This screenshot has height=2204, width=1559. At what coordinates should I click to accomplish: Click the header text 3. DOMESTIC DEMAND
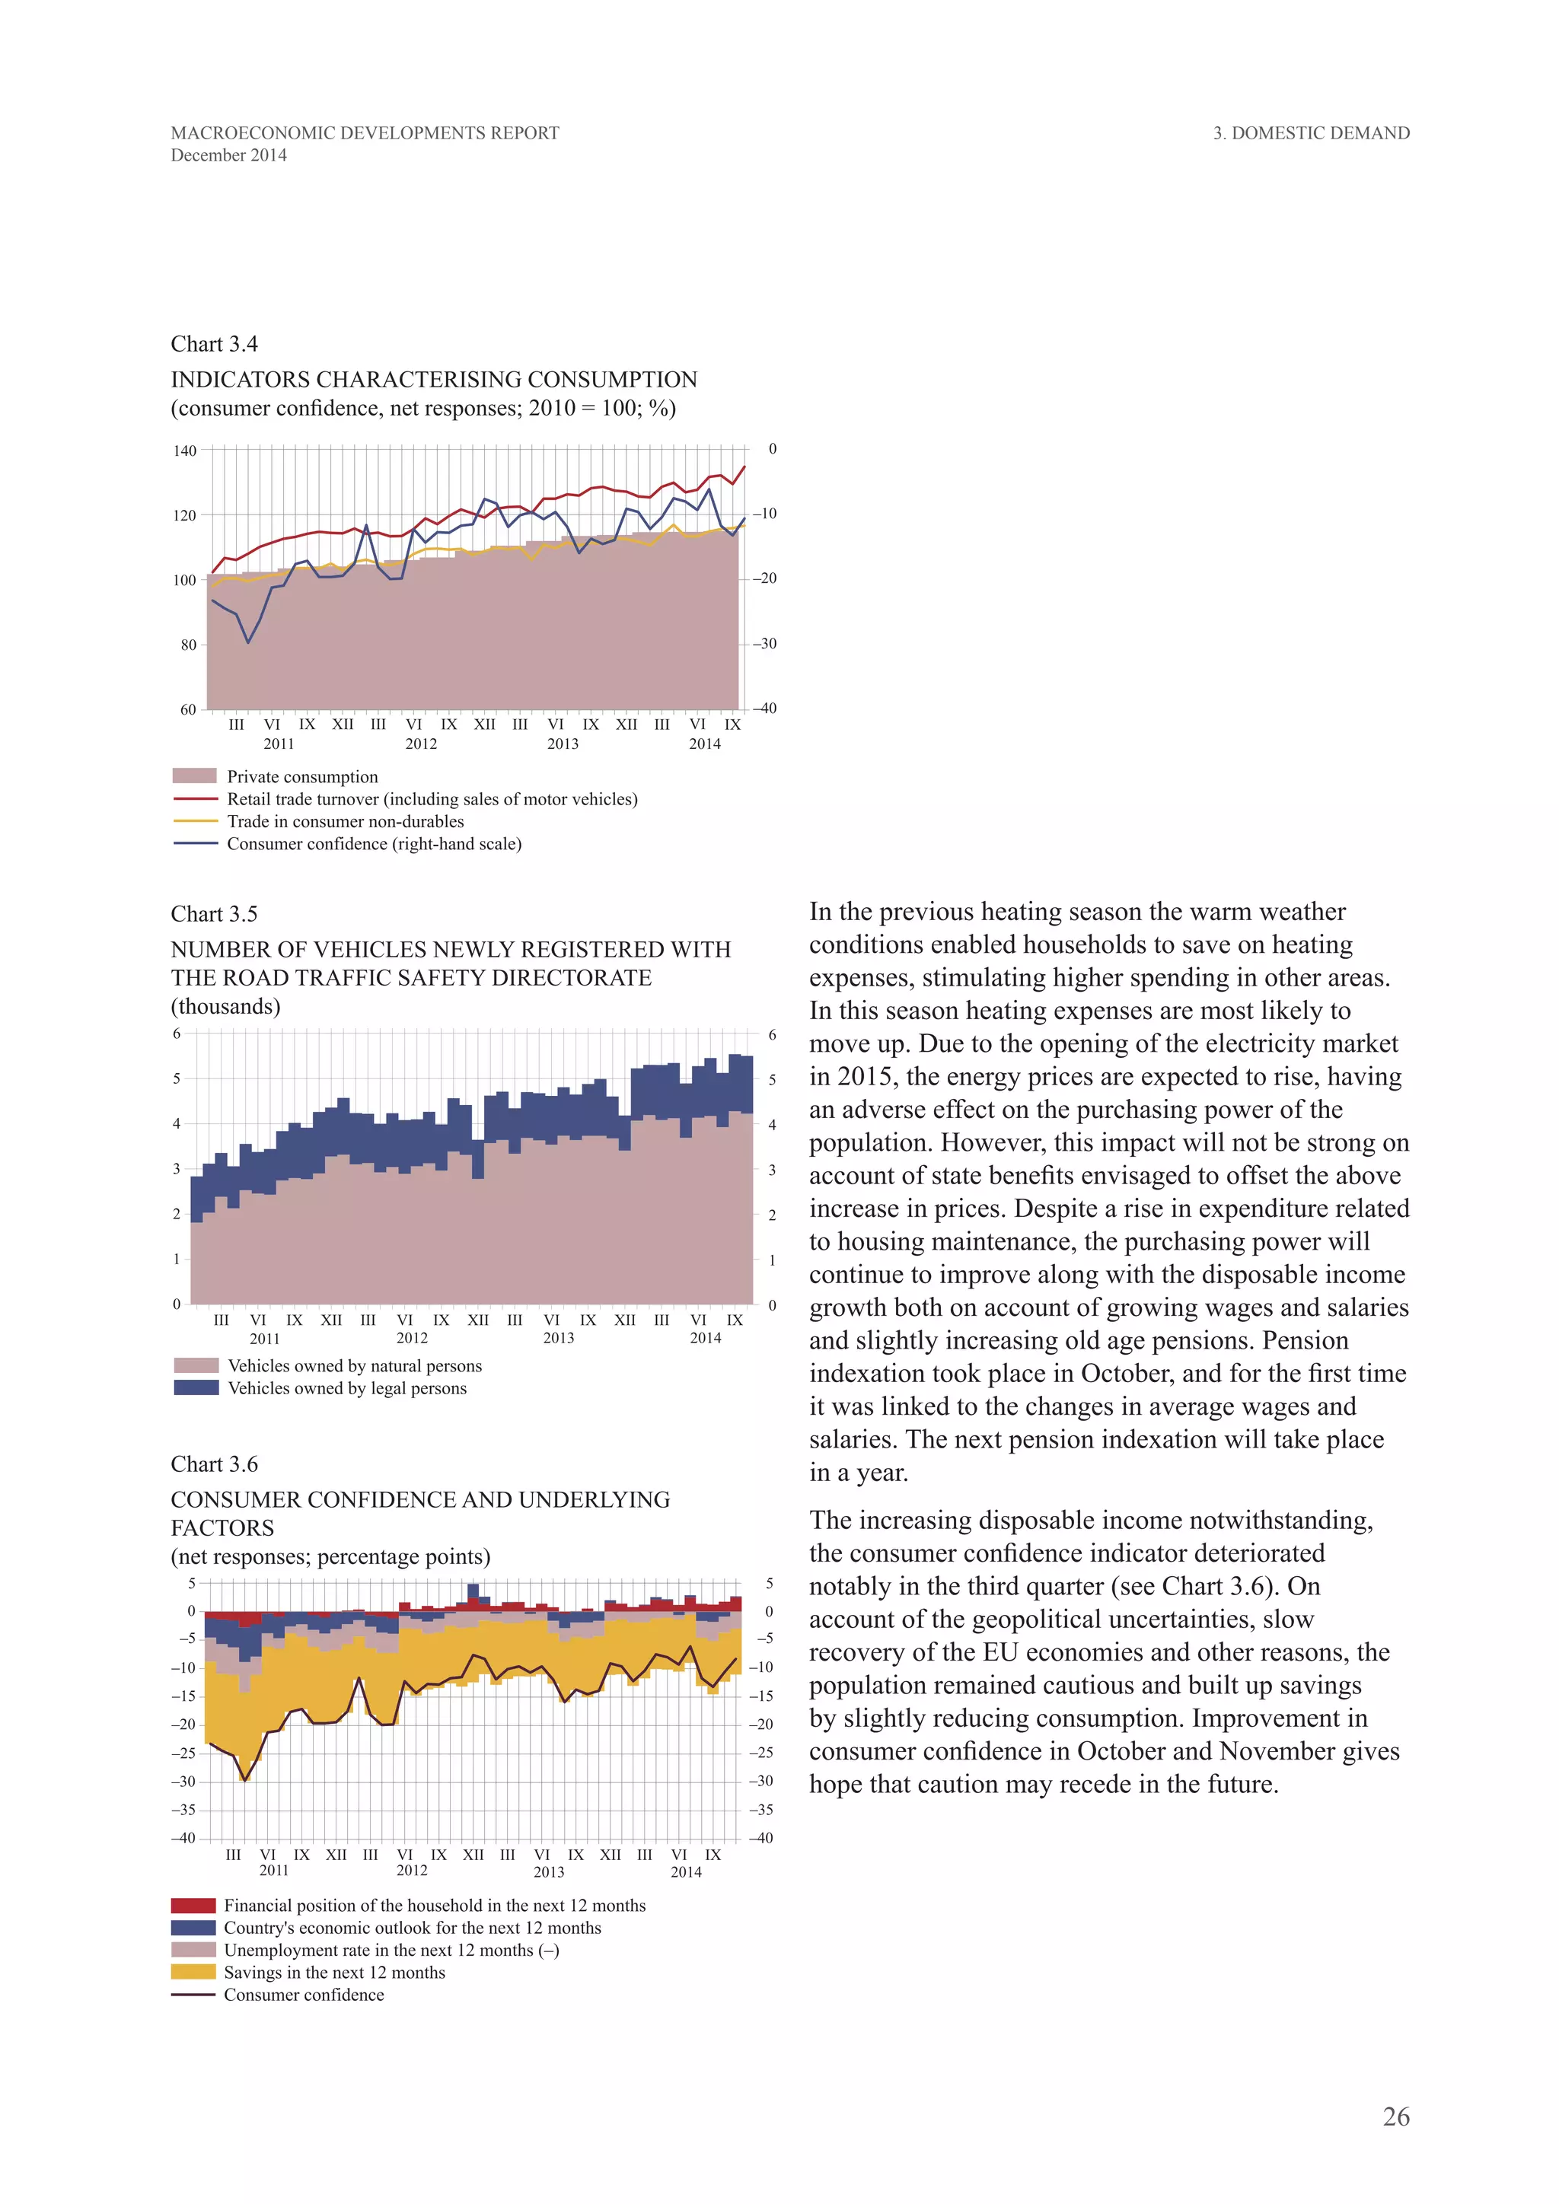point(1310,133)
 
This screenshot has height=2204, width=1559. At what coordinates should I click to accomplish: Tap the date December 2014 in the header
point(228,155)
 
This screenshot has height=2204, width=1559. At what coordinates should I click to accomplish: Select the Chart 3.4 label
point(214,344)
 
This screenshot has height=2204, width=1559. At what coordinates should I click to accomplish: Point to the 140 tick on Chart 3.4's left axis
point(184,451)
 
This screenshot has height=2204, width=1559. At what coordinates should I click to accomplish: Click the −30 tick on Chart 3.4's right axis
point(764,643)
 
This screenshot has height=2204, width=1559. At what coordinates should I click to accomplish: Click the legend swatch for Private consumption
point(194,776)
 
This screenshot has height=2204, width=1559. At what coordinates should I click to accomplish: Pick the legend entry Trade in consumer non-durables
point(345,820)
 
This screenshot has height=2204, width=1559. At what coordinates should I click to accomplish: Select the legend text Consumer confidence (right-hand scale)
point(374,844)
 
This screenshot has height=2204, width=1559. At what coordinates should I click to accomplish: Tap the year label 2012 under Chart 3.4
point(420,744)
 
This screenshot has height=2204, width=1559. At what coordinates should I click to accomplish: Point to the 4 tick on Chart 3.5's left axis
point(177,1123)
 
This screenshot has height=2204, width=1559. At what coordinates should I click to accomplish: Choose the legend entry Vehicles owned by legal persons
point(346,1388)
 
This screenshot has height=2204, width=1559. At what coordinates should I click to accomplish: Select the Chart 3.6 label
point(214,1464)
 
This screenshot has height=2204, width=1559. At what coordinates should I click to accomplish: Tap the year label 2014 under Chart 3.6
point(685,1872)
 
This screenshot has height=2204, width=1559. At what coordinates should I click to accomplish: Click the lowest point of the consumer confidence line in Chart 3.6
point(245,1781)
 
